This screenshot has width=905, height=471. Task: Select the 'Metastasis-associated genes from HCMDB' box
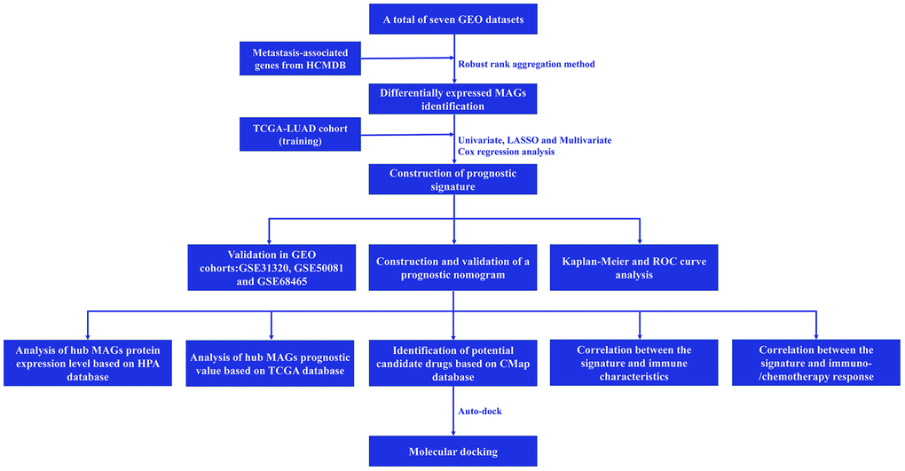pyautogui.click(x=294, y=59)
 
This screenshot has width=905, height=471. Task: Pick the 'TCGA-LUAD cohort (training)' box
pyautogui.click(x=294, y=135)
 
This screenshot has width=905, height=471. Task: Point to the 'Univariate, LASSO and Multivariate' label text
pyautogui.click(x=534, y=140)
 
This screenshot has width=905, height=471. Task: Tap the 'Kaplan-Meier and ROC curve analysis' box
pyautogui.click(x=638, y=267)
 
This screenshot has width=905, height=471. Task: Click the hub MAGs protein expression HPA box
pyautogui.click(x=86, y=363)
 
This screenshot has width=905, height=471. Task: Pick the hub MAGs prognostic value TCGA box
pyautogui.click(x=270, y=363)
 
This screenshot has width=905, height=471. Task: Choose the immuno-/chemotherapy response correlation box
pyautogui.click(x=815, y=363)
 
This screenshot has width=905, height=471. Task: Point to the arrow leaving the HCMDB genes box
pyautogui.click(x=399, y=59)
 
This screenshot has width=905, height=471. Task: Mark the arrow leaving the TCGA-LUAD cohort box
pyautogui.click(x=399, y=136)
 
